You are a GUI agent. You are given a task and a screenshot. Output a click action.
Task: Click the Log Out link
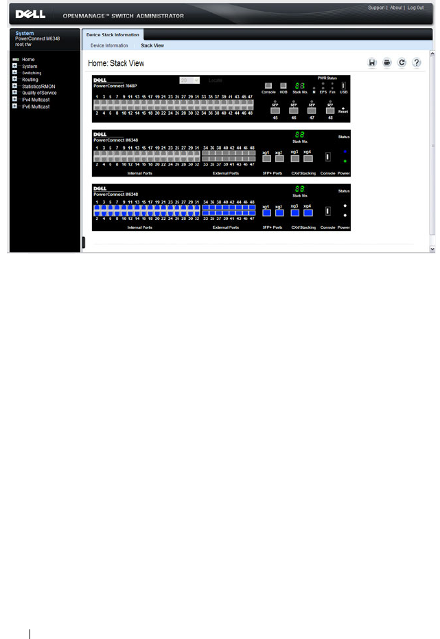pos(415,8)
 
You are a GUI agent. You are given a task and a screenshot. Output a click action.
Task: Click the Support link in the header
pos(376,8)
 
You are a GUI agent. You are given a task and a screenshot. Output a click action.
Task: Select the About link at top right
pos(395,8)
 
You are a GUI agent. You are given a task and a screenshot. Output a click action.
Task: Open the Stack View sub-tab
pos(152,45)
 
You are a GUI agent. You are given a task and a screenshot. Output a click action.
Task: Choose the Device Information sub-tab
pos(109,45)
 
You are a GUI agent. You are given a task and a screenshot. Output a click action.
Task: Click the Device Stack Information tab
pos(113,34)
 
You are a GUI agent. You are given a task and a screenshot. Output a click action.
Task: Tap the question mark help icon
pos(416,63)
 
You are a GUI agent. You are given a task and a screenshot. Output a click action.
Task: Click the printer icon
pos(387,63)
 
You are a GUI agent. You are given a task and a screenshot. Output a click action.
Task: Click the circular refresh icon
pos(402,63)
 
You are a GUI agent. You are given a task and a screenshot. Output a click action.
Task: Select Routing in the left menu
pos(30,80)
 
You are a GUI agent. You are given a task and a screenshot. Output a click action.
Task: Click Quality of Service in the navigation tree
pos(39,93)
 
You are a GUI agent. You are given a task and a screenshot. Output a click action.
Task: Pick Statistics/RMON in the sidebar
pos(38,86)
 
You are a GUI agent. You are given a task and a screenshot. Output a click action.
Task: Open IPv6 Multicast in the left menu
pos(36,106)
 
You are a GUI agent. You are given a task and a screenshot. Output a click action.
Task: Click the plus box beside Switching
pos(14,73)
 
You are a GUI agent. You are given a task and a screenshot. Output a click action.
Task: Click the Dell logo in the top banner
pos(30,14)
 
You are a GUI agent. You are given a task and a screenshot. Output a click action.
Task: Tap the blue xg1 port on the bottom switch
pos(266,212)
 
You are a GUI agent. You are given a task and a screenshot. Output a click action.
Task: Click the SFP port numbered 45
pos(275,110)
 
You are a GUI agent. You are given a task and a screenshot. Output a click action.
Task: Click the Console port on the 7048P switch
pos(268,85)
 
